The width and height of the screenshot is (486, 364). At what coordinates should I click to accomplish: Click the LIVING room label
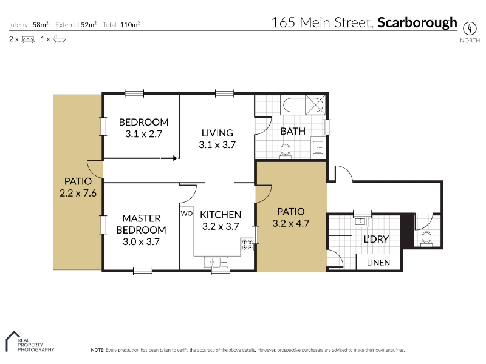(x=217, y=133)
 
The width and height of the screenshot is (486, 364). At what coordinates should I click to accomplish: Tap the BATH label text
(x=293, y=131)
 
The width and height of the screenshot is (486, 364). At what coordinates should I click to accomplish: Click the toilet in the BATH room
(x=285, y=150)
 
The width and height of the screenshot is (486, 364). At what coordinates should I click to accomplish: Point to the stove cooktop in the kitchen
(x=247, y=244)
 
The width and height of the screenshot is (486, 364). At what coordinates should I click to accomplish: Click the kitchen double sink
(x=216, y=262)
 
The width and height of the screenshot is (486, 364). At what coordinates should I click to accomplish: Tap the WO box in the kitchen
(x=187, y=214)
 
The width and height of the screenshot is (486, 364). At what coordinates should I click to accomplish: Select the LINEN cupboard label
(x=378, y=263)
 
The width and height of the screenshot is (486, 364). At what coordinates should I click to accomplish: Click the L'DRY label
(x=376, y=239)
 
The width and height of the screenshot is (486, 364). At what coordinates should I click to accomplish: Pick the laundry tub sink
(x=360, y=221)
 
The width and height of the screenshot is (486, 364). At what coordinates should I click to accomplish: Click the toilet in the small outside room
(x=427, y=238)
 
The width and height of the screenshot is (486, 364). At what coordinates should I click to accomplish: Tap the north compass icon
(x=470, y=29)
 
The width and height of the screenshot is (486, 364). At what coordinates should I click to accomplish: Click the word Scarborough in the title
(x=417, y=22)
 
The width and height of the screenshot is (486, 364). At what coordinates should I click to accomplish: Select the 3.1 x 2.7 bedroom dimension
(x=144, y=134)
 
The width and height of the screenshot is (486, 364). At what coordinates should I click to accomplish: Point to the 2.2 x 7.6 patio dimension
(x=78, y=193)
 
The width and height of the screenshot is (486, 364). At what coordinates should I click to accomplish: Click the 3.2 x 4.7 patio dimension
(x=291, y=223)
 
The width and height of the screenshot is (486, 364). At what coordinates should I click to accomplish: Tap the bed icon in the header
(x=28, y=39)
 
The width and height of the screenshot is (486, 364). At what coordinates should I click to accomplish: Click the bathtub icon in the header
(x=60, y=39)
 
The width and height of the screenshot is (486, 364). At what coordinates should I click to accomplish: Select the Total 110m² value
(x=130, y=25)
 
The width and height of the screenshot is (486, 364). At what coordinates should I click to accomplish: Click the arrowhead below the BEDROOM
(x=175, y=158)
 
